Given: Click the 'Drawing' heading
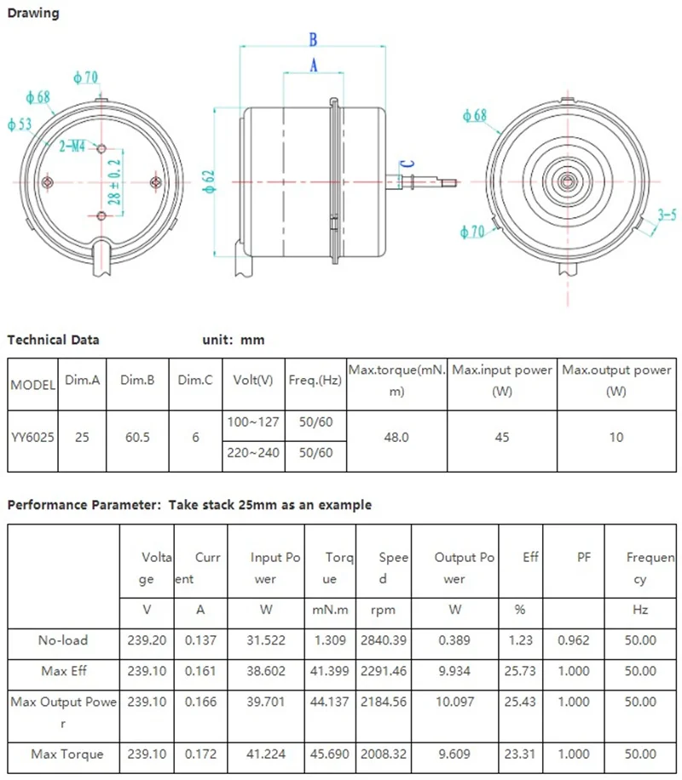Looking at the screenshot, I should coord(33,13).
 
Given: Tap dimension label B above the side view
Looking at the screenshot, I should coord(313,39).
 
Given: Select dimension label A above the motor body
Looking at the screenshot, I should coord(313,65).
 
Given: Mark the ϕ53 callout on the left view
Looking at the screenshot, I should coord(20,124).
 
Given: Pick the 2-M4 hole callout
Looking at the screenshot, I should coord(72,146).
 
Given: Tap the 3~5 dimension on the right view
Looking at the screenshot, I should coord(667,216).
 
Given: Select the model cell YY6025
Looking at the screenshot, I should coord(33,438).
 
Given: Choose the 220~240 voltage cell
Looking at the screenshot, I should coord(253,453).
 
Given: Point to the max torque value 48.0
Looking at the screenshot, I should coord(396,438).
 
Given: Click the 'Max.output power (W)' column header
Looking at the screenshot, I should coord(616,381).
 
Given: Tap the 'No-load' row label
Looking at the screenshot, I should coord(63,639).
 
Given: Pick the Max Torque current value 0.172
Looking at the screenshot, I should coord(200,754).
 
